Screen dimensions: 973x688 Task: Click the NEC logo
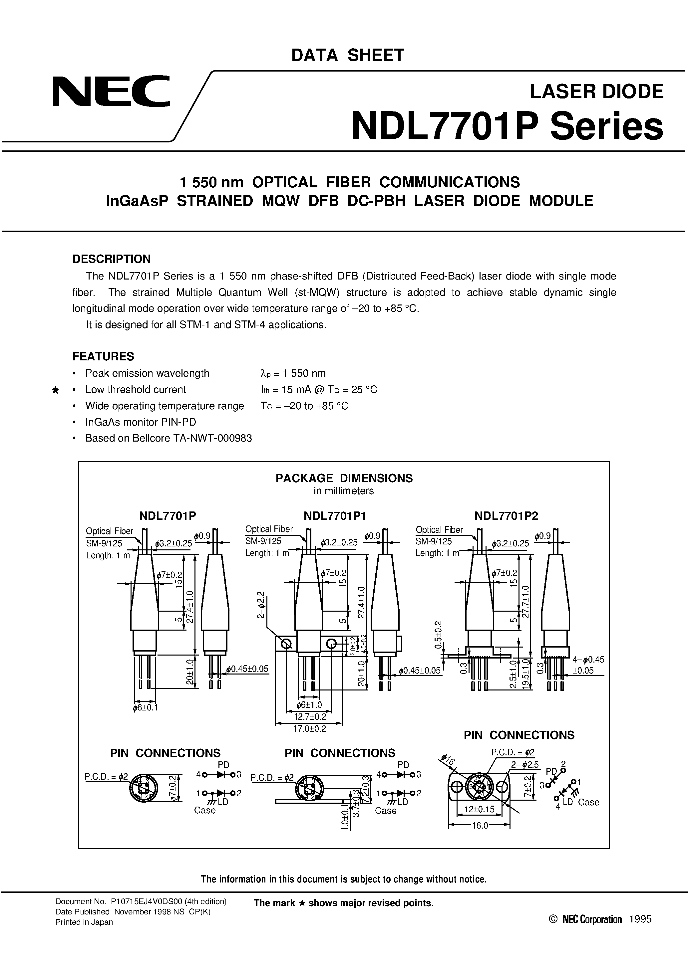(111, 91)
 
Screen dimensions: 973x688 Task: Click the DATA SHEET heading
(347, 56)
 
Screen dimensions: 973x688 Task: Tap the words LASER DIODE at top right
(596, 92)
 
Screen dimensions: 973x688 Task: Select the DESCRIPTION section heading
(112, 259)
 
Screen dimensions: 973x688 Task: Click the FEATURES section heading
(103, 356)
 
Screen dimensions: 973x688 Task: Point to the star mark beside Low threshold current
(55, 390)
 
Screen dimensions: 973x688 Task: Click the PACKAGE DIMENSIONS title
(344, 478)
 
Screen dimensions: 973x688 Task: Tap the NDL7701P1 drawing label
(335, 516)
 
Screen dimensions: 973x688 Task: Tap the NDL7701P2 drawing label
(506, 516)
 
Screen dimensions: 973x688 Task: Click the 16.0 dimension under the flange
(480, 826)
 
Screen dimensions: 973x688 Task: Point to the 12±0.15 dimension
(479, 809)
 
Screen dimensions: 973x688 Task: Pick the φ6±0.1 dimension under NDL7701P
(145, 708)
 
